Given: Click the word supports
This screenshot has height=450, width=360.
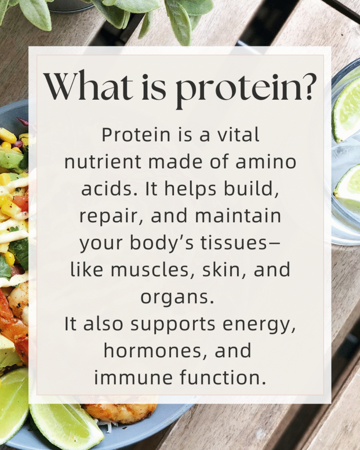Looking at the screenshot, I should (x=172, y=324).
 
